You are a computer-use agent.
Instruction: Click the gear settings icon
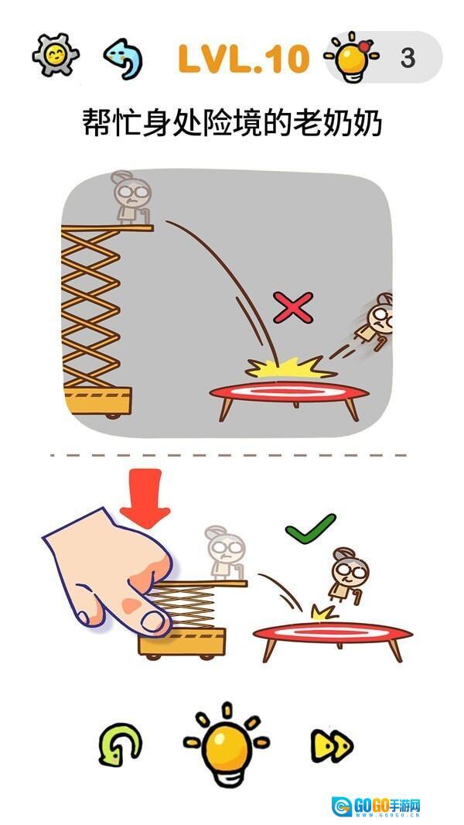[55, 55]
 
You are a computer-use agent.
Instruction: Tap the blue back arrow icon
[123, 58]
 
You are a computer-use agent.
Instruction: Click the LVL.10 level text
[244, 58]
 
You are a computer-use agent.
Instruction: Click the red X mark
[293, 308]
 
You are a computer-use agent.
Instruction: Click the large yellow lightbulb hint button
[227, 744]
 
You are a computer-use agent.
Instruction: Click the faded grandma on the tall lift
[131, 198]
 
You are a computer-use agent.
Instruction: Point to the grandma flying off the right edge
[375, 321]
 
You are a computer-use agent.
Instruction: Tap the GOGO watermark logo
[377, 806]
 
